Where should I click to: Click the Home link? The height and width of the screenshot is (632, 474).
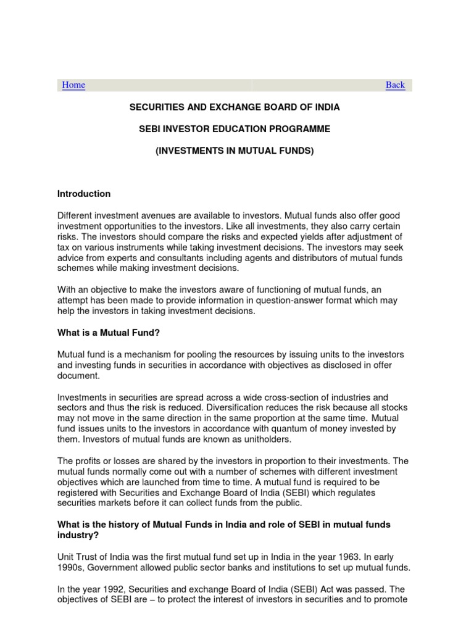click(x=73, y=85)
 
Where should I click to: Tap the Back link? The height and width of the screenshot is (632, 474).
click(x=395, y=85)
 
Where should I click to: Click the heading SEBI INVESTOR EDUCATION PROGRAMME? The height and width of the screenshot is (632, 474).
click(x=234, y=129)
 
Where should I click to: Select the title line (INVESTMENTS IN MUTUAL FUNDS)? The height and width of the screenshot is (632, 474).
click(x=234, y=151)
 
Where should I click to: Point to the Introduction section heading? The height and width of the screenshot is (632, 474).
click(x=84, y=194)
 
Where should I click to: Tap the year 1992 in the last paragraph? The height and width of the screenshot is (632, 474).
click(x=106, y=589)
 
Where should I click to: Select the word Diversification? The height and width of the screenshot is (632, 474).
click(x=240, y=408)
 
